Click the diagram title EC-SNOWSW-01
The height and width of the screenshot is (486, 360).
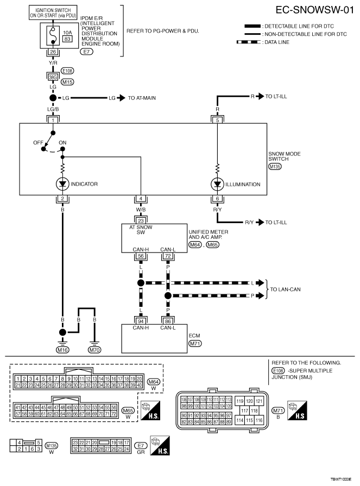click(x=311, y=10)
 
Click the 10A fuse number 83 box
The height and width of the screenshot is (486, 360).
click(x=53, y=39)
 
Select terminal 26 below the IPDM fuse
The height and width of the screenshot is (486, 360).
click(x=53, y=53)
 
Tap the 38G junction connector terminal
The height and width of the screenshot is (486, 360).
click(x=53, y=77)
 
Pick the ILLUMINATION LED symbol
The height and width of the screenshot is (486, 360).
click(x=218, y=184)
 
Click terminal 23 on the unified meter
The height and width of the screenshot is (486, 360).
click(x=141, y=221)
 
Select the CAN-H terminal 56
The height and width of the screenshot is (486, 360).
click(x=141, y=255)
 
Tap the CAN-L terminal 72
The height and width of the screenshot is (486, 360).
click(x=168, y=255)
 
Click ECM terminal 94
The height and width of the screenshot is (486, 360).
click(x=141, y=321)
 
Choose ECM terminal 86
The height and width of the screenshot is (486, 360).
click(x=168, y=321)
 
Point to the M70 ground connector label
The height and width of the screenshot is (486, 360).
click(x=95, y=350)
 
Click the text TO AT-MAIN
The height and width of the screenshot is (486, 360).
click(x=143, y=98)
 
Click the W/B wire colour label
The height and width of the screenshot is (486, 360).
click(x=141, y=209)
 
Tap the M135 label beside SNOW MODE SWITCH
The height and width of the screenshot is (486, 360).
click(x=275, y=167)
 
